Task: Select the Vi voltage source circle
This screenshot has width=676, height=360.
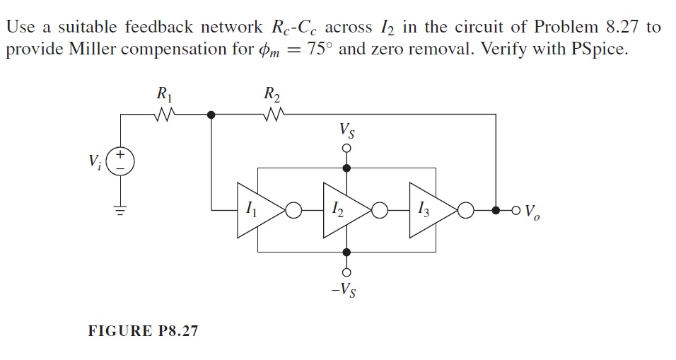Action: tap(120, 161)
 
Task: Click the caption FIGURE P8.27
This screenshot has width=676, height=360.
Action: tap(143, 330)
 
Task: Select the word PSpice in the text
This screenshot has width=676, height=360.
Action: tap(596, 53)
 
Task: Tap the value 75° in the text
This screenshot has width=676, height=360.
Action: tap(319, 53)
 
